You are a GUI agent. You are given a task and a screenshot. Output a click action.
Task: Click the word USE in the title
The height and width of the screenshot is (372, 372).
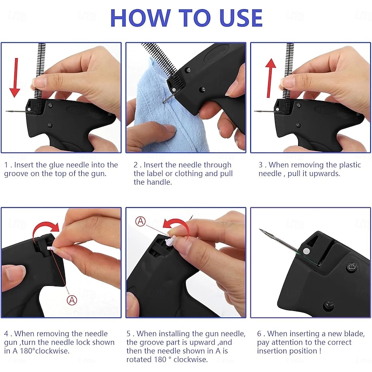point(241,18)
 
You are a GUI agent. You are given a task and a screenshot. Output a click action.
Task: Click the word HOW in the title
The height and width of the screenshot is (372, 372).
point(140,18)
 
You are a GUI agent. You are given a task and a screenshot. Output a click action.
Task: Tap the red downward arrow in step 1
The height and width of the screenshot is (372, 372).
point(15,78)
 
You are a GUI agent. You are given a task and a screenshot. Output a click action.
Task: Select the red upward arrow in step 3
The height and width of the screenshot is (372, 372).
point(270,78)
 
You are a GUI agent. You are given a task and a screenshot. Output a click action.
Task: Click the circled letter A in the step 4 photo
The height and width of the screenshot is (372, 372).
point(72,300)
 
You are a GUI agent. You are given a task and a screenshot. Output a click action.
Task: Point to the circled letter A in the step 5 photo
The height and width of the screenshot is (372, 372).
point(140,221)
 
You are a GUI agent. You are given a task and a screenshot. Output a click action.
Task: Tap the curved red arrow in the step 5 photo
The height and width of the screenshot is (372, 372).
point(178,226)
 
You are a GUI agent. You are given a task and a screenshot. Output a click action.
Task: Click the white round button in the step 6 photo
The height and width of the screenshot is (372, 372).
point(306,251)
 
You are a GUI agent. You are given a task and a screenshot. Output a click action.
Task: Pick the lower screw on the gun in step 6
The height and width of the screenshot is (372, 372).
point(329,305)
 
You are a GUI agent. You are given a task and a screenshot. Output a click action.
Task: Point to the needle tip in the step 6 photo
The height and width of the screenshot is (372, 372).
point(260,229)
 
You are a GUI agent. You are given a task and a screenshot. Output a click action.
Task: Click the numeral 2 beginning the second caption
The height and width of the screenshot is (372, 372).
point(136,165)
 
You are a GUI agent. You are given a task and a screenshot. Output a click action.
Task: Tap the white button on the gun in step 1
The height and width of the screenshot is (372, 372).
point(29,109)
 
